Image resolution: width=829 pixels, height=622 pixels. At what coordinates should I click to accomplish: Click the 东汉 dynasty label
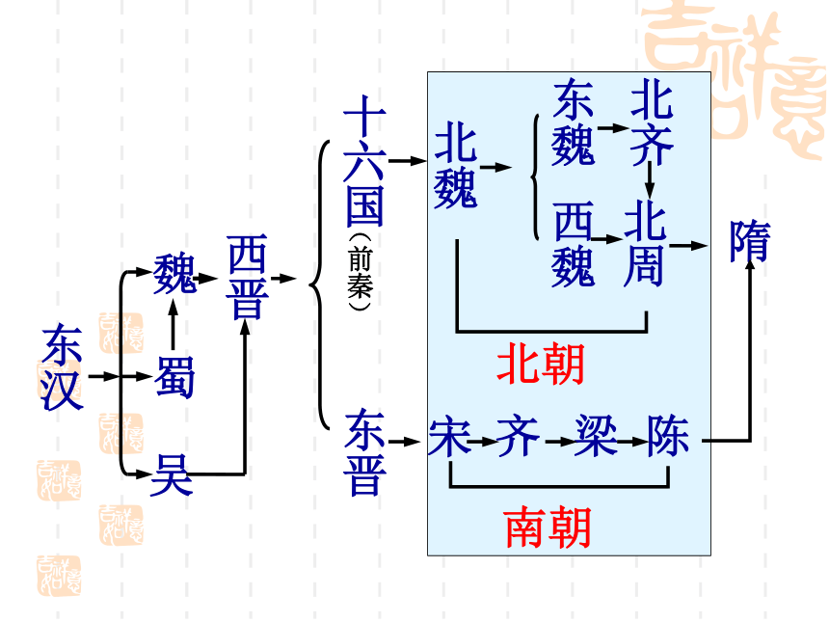point(63,367)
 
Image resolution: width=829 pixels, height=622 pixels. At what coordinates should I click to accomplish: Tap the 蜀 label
point(175,378)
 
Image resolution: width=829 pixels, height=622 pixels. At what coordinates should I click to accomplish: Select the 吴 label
point(171,475)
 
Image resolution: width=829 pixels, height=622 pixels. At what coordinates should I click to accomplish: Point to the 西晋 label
point(248,277)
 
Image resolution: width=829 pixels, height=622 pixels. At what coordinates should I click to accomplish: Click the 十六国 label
point(364,161)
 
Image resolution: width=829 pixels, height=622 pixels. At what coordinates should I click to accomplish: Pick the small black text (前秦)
point(361,271)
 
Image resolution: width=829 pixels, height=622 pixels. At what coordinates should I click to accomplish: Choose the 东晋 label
point(364,452)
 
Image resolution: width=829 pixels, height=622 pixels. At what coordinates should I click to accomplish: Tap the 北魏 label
point(456,165)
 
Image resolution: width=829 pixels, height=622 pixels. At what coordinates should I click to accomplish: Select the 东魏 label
point(574,122)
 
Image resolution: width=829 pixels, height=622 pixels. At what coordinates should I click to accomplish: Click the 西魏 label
point(574,244)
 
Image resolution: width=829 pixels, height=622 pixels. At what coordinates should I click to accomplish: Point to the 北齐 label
point(652,122)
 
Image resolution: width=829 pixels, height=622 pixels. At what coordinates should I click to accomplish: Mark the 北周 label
point(645,243)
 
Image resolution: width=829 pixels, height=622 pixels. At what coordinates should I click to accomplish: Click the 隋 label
point(750,241)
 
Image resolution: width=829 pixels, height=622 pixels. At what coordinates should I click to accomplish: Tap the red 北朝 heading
point(541,363)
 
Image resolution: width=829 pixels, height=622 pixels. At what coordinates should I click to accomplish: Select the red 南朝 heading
point(548,527)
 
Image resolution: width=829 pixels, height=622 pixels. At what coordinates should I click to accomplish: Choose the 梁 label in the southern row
point(597,436)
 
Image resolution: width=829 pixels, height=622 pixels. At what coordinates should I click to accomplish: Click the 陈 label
point(668,436)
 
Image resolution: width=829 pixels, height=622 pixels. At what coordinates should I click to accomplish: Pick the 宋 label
point(449,437)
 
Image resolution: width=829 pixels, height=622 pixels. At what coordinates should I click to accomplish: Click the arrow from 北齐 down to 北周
point(650,179)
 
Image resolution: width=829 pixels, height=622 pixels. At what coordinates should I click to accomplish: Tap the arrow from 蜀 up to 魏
point(173,324)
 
